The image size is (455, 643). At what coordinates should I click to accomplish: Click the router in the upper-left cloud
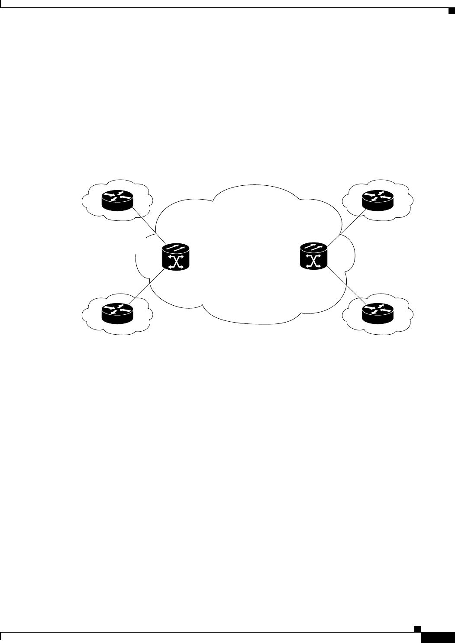coord(117,200)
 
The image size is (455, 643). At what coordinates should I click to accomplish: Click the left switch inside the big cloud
coord(176,257)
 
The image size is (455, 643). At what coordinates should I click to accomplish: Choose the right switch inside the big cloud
coord(314,257)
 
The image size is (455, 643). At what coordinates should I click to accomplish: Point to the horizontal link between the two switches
coord(245,257)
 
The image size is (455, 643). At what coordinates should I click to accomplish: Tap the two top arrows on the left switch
coord(176,249)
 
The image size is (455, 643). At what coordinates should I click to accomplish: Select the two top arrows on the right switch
coord(314,249)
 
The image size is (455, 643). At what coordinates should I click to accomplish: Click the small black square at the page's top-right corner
coord(450,10)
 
